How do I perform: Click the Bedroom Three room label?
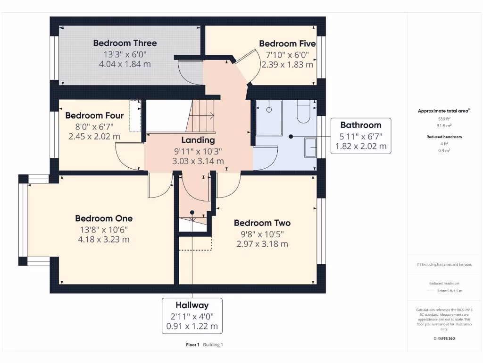point(125,43)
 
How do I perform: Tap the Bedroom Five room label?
point(287,43)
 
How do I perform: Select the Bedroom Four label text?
point(94,115)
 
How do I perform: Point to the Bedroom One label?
point(104,218)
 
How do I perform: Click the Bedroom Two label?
point(262,223)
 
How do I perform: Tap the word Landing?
point(198,140)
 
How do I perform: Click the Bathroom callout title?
point(361,125)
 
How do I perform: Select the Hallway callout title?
point(192,305)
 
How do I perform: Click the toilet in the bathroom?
point(304,112)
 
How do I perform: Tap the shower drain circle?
point(269,110)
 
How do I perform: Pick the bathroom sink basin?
point(310,147)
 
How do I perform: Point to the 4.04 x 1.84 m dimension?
point(125,64)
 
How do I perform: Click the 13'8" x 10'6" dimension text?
point(104,230)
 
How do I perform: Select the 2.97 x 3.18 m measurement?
point(262,244)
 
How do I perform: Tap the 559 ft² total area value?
point(444,119)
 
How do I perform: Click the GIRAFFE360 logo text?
point(444,338)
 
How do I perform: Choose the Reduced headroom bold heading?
point(444,137)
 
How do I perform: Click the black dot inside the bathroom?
point(291,137)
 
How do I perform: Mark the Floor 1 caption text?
point(192,345)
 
